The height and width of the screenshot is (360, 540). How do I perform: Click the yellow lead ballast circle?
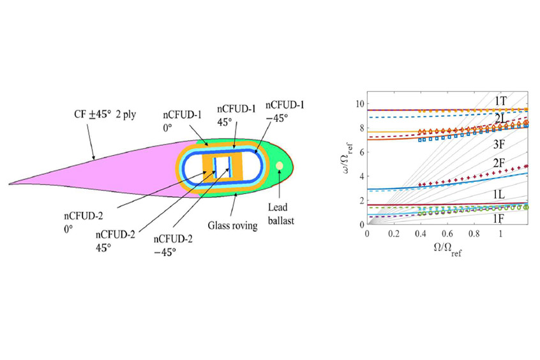(279, 167)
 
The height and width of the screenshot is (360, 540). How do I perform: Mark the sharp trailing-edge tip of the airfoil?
(10, 183)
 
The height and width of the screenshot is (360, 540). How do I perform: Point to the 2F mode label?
(500, 163)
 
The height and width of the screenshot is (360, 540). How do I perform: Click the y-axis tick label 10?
(360, 104)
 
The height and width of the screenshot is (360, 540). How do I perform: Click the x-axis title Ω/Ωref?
(446, 249)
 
